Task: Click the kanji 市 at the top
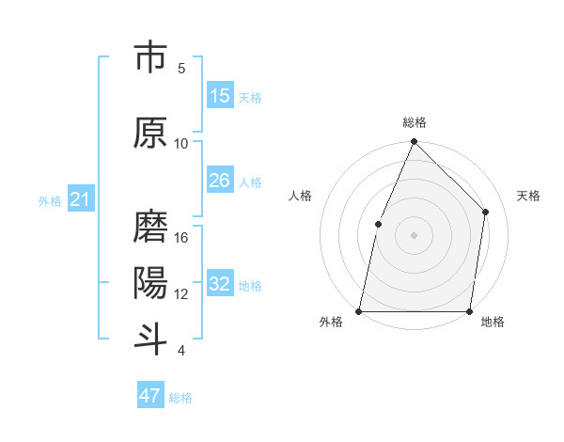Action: pyautogui.click(x=150, y=58)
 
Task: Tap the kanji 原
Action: pyautogui.click(x=150, y=134)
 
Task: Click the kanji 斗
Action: pyautogui.click(x=150, y=339)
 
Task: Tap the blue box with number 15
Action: pyautogui.click(x=220, y=96)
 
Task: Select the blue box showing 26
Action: pyautogui.click(x=220, y=181)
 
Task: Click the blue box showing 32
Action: pyautogui.click(x=220, y=284)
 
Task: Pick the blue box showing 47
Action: pyautogui.click(x=150, y=396)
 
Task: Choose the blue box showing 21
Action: pyautogui.click(x=80, y=199)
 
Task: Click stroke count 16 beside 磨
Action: pyautogui.click(x=182, y=238)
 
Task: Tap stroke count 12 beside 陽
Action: pyautogui.click(x=182, y=294)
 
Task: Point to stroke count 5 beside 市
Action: pyautogui.click(x=181, y=69)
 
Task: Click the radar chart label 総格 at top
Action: pyautogui.click(x=414, y=122)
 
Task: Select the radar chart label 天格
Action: pyautogui.click(x=528, y=196)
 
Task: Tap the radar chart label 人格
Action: pyautogui.click(x=301, y=196)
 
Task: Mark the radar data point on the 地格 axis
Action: pyautogui.click(x=470, y=311)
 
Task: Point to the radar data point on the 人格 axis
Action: pyautogui.click(x=378, y=224)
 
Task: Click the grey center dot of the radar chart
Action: pyautogui.click(x=414, y=235)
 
